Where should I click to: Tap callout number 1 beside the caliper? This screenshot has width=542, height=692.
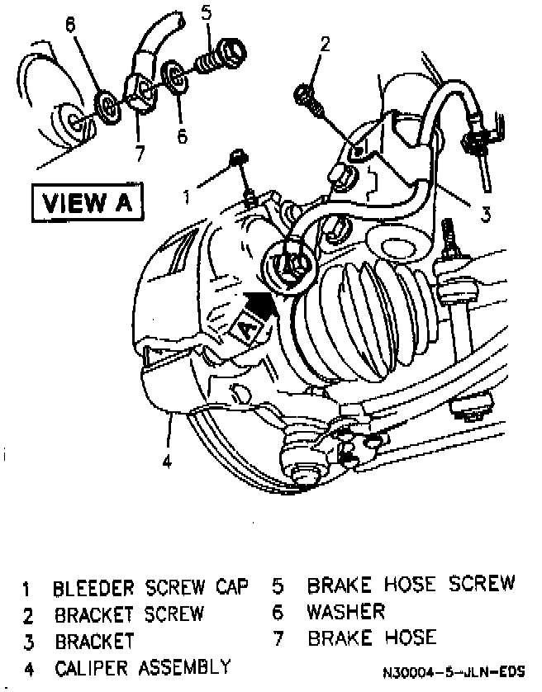click(x=188, y=197)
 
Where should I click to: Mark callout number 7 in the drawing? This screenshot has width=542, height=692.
click(x=140, y=152)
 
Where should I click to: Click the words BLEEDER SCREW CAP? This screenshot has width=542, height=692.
click(x=150, y=589)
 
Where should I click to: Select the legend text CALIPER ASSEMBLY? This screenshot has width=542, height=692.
click(x=142, y=666)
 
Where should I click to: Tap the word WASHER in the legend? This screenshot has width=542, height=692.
click(x=345, y=612)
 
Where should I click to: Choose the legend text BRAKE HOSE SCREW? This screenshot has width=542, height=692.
click(x=411, y=585)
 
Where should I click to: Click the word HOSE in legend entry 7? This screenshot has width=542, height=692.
click(x=404, y=637)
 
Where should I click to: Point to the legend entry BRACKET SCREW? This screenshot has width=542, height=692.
click(x=129, y=614)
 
